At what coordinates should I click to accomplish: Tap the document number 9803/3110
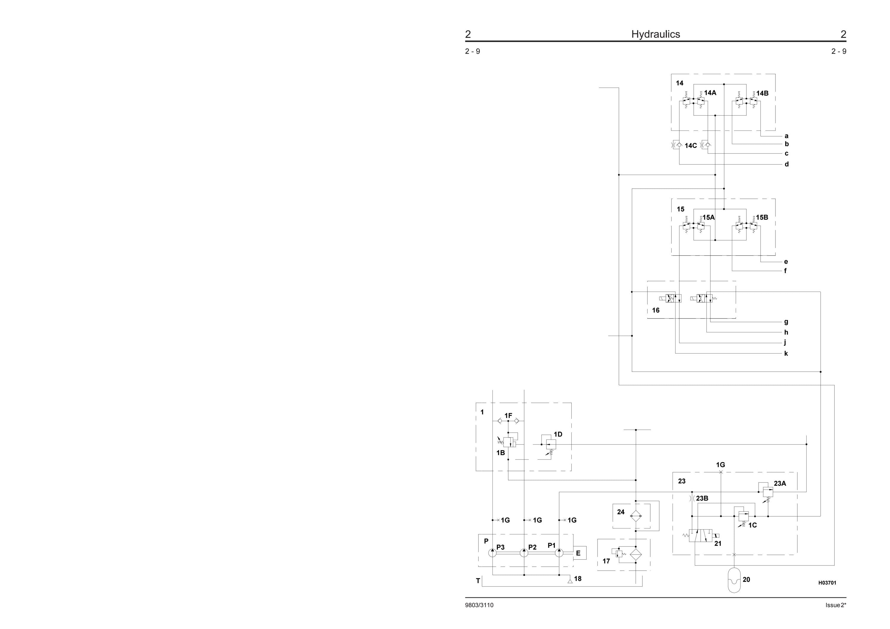click(479, 605)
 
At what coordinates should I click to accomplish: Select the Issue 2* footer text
click(836, 605)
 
